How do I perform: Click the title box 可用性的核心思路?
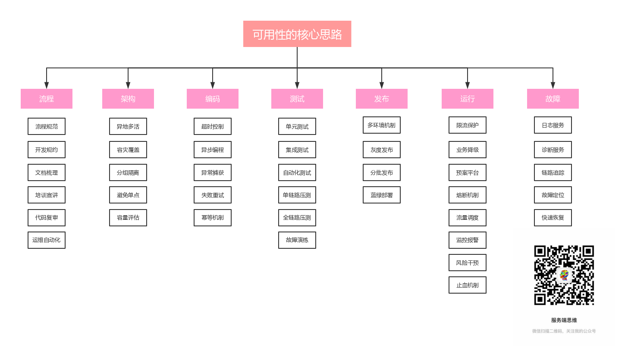pos(297,34)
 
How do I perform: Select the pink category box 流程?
pos(47,99)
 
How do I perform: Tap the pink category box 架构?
pos(128,99)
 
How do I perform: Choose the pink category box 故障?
pos(553,99)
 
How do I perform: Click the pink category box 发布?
pos(381,99)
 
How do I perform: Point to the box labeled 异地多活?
pos(128,126)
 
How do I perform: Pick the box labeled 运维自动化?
pos(47,240)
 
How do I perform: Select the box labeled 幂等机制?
pos(213,218)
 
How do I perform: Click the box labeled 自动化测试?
pos(297,172)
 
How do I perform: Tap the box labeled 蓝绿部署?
pos(381,195)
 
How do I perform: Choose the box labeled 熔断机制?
pos(468,195)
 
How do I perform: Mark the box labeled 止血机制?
pos(468,285)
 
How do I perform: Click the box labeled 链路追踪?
pos(553,172)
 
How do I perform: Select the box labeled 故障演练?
pos(297,240)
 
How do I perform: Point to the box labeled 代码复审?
pos(47,218)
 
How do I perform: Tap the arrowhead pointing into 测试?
pos(297,85)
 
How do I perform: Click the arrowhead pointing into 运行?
pos(468,85)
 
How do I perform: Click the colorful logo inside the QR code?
pos(564,275)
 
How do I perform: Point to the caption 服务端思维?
pos(564,320)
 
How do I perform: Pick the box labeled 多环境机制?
pos(381,125)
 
